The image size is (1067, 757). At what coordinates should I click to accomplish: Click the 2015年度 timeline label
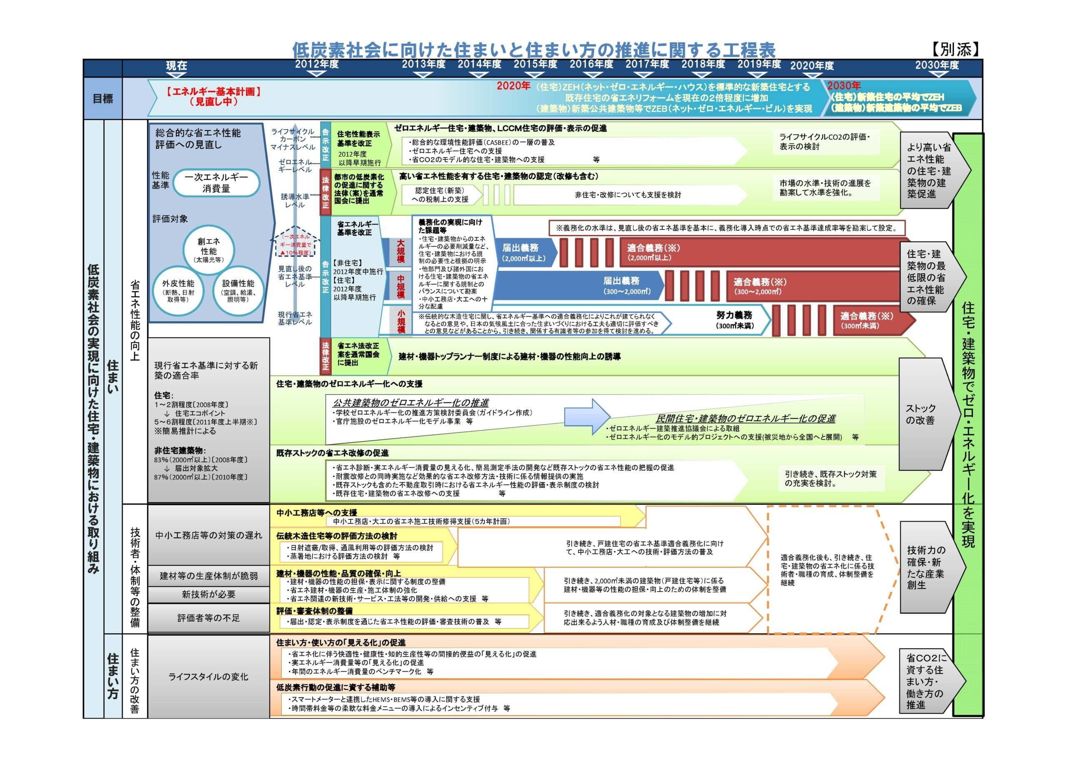pos(535,64)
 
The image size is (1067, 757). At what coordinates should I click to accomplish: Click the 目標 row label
pos(103,99)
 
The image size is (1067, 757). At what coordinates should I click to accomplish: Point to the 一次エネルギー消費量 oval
pos(216,183)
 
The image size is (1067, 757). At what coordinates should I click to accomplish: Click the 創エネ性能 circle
pos(208,250)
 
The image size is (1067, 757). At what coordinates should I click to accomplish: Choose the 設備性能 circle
pos(238,290)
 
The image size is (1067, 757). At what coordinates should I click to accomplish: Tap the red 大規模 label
pos(401,251)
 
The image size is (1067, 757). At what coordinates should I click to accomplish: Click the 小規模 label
pos(401,321)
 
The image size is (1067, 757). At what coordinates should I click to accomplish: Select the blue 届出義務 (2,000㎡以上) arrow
pos(523,252)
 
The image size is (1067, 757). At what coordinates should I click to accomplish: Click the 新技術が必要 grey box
pos(208,595)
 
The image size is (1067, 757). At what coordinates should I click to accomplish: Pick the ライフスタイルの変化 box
pos(208,676)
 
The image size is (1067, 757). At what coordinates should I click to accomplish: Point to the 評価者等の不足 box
pos(208,618)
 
